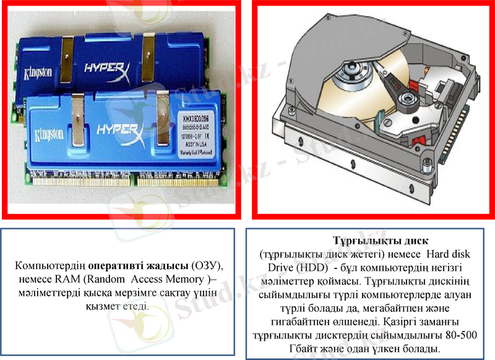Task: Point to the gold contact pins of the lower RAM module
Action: (124, 182)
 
